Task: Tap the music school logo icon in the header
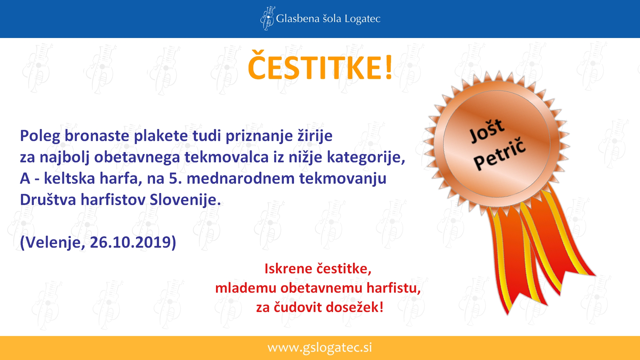[x=267, y=18]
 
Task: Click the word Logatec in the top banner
[x=362, y=19]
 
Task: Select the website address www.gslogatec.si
[x=320, y=348]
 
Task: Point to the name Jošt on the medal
[x=487, y=131]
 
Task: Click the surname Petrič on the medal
[x=500, y=154]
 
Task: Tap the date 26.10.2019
[x=130, y=242]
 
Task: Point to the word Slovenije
[x=185, y=200]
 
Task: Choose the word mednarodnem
[x=240, y=178]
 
